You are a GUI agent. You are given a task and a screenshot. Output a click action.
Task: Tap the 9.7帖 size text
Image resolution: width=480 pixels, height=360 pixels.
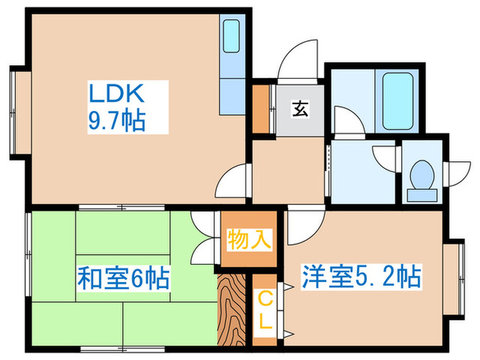115,121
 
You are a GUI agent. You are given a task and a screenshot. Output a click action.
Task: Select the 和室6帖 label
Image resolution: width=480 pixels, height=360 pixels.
123,279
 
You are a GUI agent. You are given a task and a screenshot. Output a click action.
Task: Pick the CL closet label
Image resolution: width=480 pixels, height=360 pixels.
264,309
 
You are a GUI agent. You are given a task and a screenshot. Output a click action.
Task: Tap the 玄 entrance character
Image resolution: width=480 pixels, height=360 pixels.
300,109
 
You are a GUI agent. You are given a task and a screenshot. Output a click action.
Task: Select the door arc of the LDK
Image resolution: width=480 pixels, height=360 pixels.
232,182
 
